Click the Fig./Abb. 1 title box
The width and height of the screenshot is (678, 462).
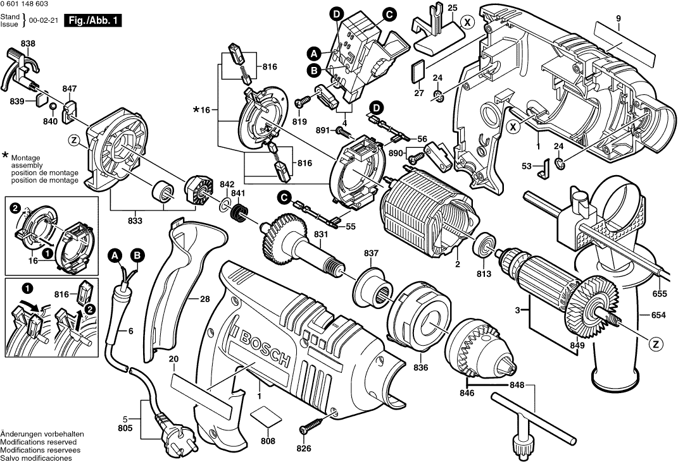[92, 21]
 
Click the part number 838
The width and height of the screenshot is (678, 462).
[28, 44]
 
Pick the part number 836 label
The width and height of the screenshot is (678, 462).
[420, 367]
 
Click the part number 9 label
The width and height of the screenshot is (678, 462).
[618, 18]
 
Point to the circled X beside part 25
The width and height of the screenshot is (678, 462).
[467, 21]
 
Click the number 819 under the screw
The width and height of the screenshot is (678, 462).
[299, 121]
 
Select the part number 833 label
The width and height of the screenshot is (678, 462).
[135, 221]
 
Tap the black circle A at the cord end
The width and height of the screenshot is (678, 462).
[114, 256]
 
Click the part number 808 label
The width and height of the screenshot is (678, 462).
[268, 441]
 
